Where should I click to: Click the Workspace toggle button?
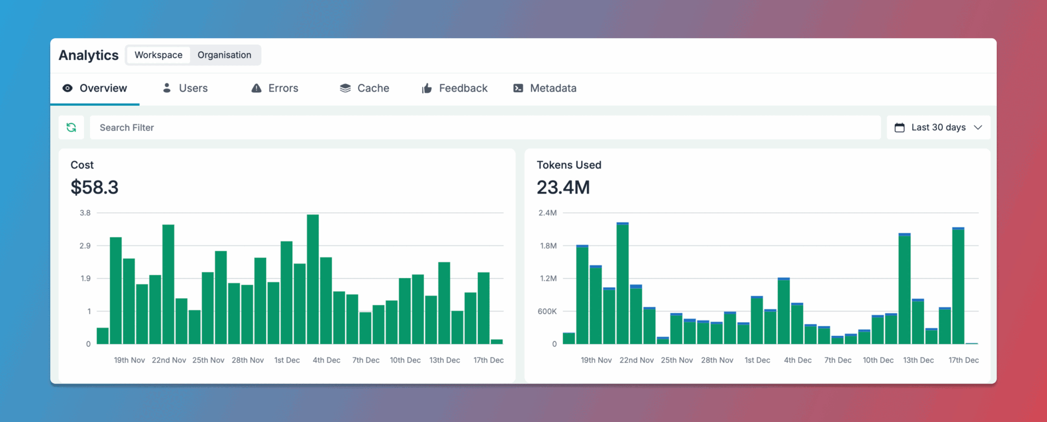(158, 55)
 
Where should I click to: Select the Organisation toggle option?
(224, 55)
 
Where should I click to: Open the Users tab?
(185, 88)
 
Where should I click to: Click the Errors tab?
(275, 88)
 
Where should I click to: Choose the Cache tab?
(364, 88)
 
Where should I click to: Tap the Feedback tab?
(455, 88)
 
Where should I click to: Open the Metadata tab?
(545, 88)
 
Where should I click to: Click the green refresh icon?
(71, 128)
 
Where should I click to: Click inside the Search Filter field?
(484, 128)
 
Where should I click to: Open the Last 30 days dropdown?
(938, 128)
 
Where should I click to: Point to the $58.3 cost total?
(94, 188)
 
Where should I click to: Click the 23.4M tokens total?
(563, 188)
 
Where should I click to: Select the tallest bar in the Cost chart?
(312, 279)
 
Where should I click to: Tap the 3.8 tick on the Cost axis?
(85, 213)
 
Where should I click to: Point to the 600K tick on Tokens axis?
(547, 311)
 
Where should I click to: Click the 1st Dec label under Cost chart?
(287, 360)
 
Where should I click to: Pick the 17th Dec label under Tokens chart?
(964, 360)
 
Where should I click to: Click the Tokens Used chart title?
(569, 165)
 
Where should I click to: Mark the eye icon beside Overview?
(68, 88)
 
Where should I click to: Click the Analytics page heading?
(88, 56)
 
